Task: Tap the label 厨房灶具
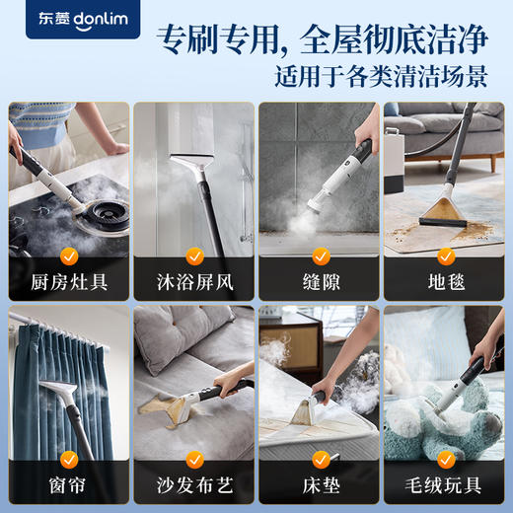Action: [x=68, y=284]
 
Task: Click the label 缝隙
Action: [x=319, y=284]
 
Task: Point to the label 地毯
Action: [x=444, y=284]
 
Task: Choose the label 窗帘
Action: [x=68, y=486]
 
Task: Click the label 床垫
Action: [x=319, y=486]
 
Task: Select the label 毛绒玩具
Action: [x=444, y=486]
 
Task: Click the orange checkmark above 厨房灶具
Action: [x=69, y=256]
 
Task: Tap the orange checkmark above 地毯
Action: [x=445, y=256]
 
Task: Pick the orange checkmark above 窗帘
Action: [x=69, y=459]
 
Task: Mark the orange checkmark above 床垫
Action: [x=320, y=459]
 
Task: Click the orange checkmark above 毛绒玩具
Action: [x=445, y=459]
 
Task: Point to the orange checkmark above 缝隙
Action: [x=320, y=256]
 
